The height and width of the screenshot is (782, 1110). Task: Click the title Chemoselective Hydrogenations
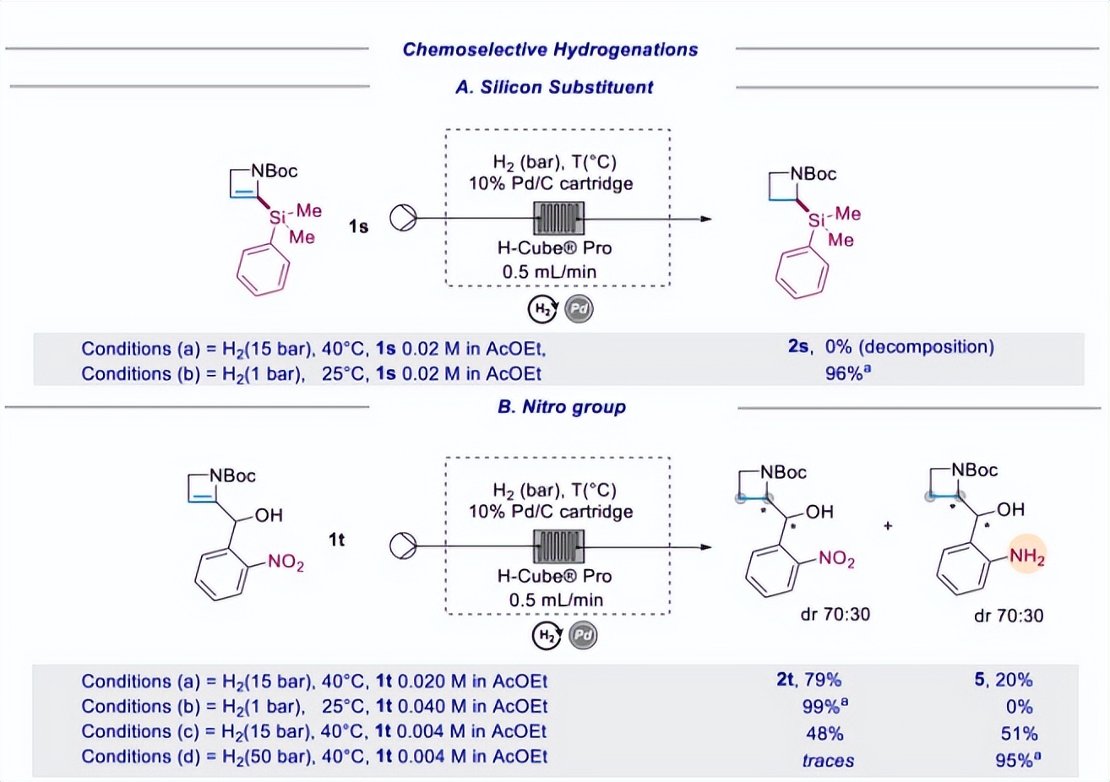point(550,50)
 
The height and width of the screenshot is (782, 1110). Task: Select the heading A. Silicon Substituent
point(554,87)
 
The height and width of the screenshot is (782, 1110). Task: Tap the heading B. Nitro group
point(562,407)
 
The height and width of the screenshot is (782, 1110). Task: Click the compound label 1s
point(358,226)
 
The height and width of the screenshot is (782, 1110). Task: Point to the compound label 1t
point(336,539)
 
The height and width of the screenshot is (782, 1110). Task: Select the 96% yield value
point(846,372)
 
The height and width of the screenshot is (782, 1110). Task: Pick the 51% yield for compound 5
point(1019,733)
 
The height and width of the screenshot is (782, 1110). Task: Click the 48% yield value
point(824,733)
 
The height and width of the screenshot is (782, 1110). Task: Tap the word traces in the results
point(828,760)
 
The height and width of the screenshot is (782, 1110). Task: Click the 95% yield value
point(1015,759)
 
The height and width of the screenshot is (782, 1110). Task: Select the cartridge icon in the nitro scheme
point(558,546)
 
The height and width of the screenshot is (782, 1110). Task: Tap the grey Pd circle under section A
point(579,309)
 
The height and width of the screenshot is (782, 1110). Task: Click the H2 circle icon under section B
point(547,635)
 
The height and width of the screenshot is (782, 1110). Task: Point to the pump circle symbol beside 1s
point(403,219)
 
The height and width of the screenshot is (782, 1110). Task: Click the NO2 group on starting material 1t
point(286,562)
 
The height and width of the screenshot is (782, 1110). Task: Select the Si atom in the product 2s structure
point(816,220)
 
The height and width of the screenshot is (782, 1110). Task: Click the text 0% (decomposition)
point(909,347)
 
